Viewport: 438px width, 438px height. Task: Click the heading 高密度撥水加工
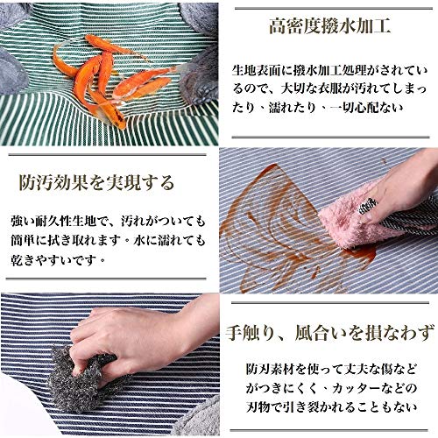(329, 26)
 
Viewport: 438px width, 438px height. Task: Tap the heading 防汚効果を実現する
(96, 182)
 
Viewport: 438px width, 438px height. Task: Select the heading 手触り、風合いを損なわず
(330, 333)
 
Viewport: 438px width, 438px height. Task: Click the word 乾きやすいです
(53, 259)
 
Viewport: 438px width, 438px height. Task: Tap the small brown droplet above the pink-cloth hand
(384, 160)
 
